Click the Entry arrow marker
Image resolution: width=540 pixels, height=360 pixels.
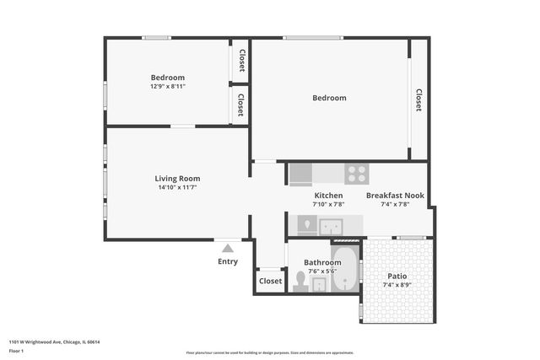click(227, 248)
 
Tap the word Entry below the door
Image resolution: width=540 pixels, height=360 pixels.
click(228, 261)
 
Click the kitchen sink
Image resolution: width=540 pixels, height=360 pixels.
click(330, 226)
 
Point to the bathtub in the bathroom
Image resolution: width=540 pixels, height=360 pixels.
click(345, 268)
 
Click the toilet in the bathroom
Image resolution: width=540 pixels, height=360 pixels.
click(300, 282)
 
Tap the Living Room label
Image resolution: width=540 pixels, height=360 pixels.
click(177, 178)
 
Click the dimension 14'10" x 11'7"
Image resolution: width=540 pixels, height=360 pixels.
click(177, 188)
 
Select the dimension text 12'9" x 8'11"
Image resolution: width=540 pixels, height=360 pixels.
click(167, 86)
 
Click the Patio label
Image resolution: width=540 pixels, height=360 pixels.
click(397, 276)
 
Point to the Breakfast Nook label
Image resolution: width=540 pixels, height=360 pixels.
click(395, 195)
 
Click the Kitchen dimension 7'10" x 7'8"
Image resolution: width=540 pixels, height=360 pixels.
click(327, 204)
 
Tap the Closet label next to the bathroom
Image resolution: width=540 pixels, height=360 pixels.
click(271, 281)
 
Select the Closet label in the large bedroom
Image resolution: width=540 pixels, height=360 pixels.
click(418, 100)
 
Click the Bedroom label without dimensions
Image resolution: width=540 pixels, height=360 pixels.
click(329, 98)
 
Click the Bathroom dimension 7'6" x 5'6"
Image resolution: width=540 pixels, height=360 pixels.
click(322, 271)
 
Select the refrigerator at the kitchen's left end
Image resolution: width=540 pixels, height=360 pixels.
click(300, 175)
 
